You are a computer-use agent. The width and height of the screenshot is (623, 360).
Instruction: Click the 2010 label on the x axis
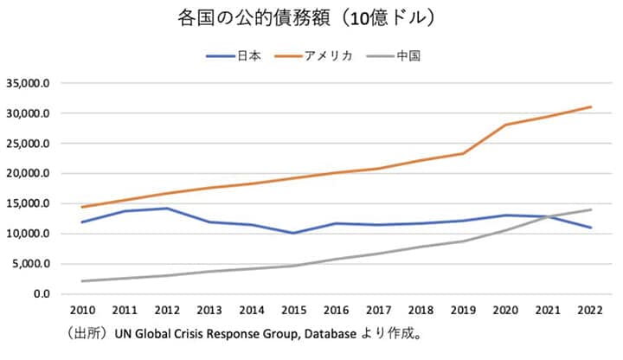tap(81, 309)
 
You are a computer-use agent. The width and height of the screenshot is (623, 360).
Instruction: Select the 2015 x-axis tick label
tap(293, 309)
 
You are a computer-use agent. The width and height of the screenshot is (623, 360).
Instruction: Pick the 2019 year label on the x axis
tap(463, 309)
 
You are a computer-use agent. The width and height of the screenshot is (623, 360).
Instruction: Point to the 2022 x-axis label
tap(590, 309)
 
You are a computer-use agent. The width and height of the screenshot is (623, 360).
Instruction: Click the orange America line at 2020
tap(505, 125)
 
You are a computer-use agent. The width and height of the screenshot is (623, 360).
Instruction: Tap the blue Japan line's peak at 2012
tap(166, 209)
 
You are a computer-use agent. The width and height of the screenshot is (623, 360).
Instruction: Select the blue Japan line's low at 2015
tap(293, 233)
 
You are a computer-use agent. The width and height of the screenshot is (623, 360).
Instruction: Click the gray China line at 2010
tap(81, 281)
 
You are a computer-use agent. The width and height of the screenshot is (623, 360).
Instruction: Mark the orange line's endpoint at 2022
tap(590, 106)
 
